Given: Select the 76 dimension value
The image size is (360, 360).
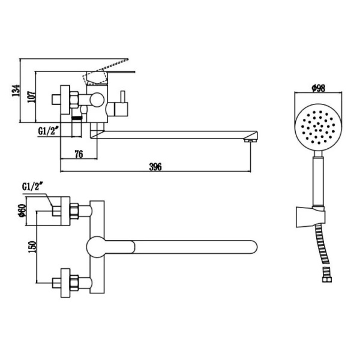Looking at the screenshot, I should [78, 154].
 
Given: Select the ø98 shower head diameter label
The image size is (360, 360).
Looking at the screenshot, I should [319, 88].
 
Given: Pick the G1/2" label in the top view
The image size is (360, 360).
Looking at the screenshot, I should [34, 186].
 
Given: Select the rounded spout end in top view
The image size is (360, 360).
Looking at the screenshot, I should [252, 246].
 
